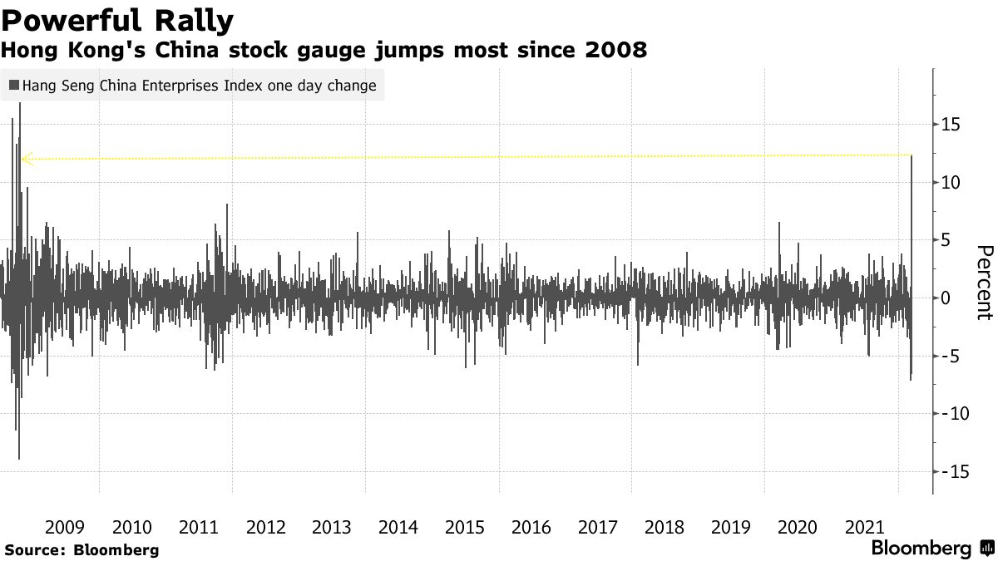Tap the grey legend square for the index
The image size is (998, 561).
[14, 85]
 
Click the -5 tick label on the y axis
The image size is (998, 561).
[951, 356]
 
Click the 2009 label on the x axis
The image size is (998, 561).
[65, 527]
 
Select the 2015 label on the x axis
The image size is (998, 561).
[464, 527]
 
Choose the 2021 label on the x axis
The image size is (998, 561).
[864, 527]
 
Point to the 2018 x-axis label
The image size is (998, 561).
[664, 527]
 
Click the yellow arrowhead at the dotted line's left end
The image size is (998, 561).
[27, 159]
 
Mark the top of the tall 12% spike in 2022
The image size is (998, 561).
[912, 155]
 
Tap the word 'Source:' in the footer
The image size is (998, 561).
[36, 550]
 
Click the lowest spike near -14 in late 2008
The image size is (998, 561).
[19, 458]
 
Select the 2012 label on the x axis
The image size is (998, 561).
[265, 527]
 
